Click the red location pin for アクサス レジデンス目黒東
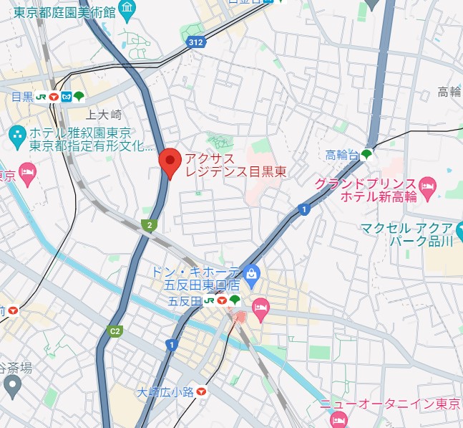point(170,161)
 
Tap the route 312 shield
point(196,44)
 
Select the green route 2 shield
point(149,225)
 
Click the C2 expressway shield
point(114,331)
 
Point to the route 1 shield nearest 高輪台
point(304,209)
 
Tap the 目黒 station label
point(23,97)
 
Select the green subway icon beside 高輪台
point(367,154)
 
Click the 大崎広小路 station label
point(165,391)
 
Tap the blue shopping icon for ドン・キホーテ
point(251,272)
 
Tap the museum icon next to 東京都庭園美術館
point(127,9)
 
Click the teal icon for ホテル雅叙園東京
point(16,134)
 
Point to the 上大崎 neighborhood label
point(104,115)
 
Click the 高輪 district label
point(449,92)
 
